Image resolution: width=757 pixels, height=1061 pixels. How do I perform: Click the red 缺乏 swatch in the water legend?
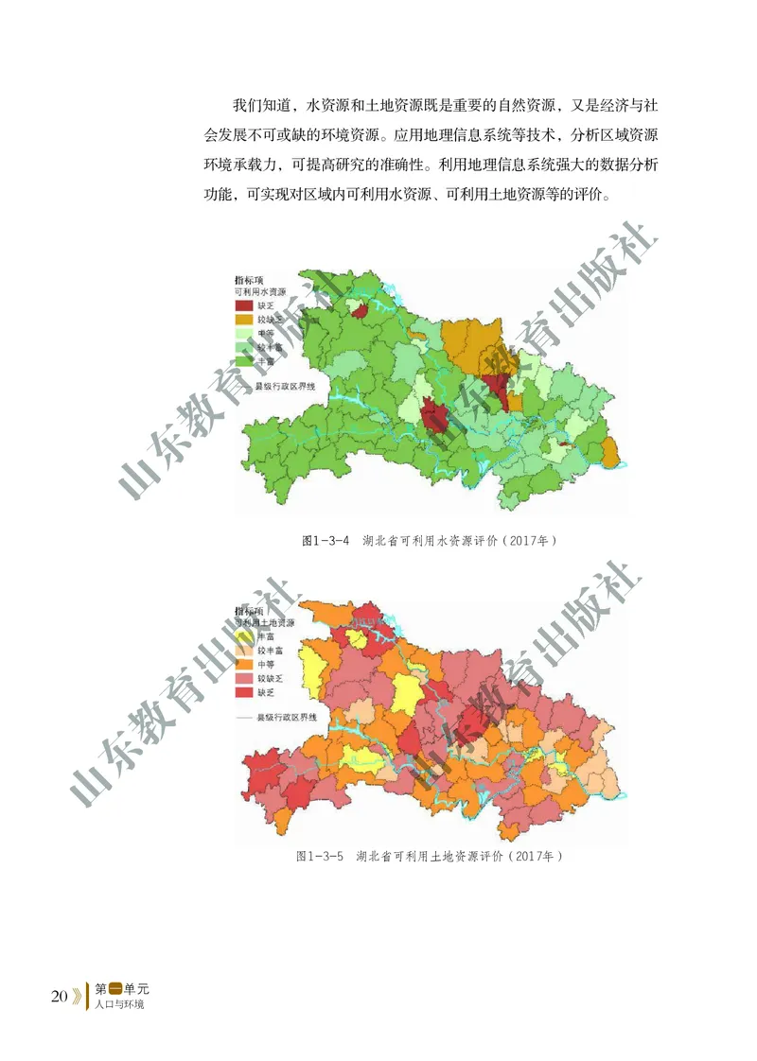[x=245, y=306]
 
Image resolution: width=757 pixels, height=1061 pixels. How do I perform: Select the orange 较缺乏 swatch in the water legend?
[x=245, y=321]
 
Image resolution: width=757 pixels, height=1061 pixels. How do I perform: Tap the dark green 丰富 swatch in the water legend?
[x=245, y=361]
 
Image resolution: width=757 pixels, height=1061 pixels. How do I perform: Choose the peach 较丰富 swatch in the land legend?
[x=245, y=652]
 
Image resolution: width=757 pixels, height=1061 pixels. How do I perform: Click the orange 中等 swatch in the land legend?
[x=245, y=665]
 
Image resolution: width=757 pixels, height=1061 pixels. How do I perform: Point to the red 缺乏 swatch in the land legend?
[x=245, y=692]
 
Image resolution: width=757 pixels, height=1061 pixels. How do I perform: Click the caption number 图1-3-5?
[x=320, y=856]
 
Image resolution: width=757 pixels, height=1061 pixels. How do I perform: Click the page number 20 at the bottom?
[x=59, y=996]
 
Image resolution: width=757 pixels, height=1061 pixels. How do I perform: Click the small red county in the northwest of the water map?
[x=359, y=310]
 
